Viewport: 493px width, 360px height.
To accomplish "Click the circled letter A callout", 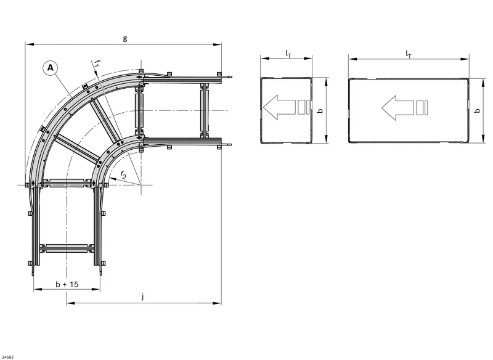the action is coord(51,68).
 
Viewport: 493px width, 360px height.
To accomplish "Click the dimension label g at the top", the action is coord(125,38).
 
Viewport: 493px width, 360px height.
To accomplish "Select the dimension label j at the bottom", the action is coord(143,296).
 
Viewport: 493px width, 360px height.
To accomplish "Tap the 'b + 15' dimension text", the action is coord(67,284).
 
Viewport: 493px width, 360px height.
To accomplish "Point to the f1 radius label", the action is coord(97,64).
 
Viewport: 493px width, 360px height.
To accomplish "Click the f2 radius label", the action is coord(123,175).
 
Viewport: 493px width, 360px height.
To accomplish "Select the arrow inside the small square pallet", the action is coord(286,107).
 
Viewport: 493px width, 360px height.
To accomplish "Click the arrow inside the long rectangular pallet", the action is coord(405,107).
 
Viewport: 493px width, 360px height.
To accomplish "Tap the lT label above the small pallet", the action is coord(288,54).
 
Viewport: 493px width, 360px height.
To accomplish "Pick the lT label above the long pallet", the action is coord(409,54).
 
